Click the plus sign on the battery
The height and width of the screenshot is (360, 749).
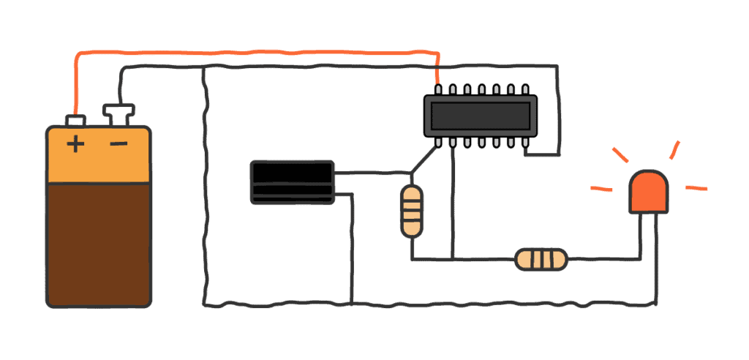tap(75, 143)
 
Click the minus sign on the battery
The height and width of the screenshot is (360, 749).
tap(118, 143)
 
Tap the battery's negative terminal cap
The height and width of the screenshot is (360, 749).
tap(118, 113)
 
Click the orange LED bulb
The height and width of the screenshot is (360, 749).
tap(650, 192)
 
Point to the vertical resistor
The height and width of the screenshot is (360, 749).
tap(412, 211)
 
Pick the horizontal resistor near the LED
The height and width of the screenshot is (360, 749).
tap(541, 259)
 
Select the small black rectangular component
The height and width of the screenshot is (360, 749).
tap(293, 182)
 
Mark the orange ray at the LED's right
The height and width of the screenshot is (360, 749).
tap(696, 188)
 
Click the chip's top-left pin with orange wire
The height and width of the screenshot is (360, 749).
tap(437, 89)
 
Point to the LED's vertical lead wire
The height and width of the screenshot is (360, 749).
tap(653, 256)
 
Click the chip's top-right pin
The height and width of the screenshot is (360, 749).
tap(525, 89)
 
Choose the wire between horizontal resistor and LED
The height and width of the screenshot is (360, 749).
tap(605, 258)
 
